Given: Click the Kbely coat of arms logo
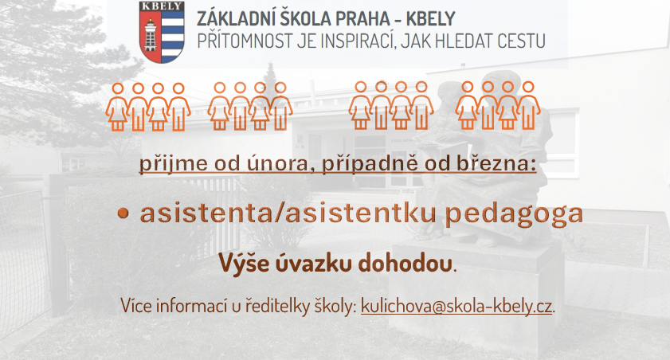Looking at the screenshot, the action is coord(162,33).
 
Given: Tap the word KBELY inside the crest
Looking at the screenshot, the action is coord(162,6).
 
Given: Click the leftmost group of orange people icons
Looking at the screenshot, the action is coord(148,107).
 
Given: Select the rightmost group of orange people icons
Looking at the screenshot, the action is coord(498,105).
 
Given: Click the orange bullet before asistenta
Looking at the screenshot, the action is coord(123,213).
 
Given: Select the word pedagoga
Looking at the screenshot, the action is coord(514,214).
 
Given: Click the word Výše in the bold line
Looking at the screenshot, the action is coord(244,262).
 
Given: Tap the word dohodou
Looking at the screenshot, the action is coord(405,262).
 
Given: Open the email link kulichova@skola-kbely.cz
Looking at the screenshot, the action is coord(456,306).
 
